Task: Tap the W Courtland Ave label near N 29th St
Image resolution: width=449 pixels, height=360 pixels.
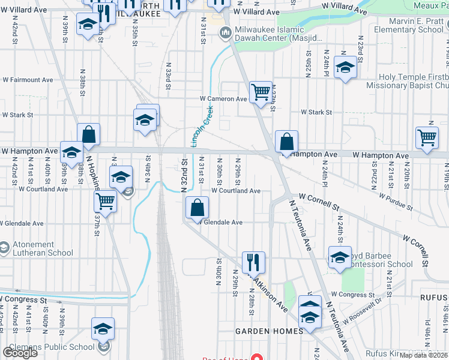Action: pos(235,191)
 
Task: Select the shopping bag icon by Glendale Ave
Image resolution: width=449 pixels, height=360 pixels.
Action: pos(197,209)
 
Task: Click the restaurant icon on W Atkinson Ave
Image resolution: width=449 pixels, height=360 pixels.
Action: pos(253,263)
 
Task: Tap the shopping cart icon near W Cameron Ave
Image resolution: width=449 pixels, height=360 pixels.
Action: pos(261,93)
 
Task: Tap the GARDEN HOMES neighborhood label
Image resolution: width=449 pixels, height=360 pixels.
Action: pos(269,331)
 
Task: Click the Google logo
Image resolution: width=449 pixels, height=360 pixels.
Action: pos(20,352)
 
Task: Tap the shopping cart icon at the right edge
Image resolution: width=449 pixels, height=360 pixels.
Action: pos(427,138)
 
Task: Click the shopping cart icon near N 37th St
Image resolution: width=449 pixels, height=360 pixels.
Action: pos(106,202)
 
